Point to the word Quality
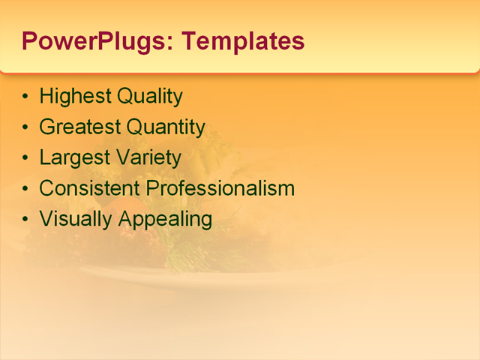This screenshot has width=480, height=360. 149,97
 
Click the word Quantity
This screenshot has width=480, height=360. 165,127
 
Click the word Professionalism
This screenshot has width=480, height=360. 218,188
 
